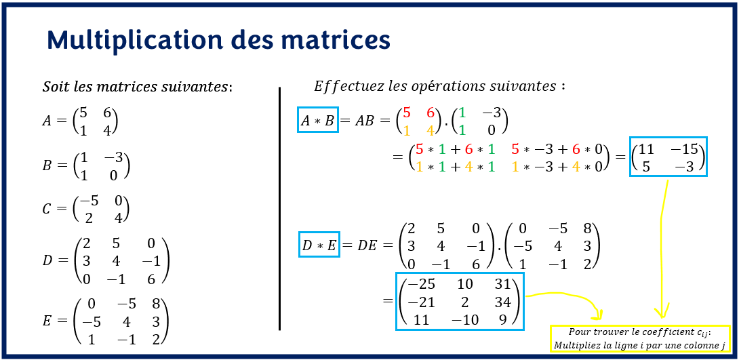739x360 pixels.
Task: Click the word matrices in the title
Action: [339, 40]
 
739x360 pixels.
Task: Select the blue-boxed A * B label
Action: [317, 121]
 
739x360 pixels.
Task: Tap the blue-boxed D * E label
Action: [319, 245]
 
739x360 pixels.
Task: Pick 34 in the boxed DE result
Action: [502, 301]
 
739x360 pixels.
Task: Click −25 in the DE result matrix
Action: [422, 284]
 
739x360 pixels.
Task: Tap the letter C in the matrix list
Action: [47, 209]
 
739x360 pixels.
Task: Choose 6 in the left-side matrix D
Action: [150, 279]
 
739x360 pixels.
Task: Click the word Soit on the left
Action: [54, 87]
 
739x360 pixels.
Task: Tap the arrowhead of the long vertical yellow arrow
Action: [660, 313]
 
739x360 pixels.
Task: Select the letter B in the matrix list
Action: [47, 165]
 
